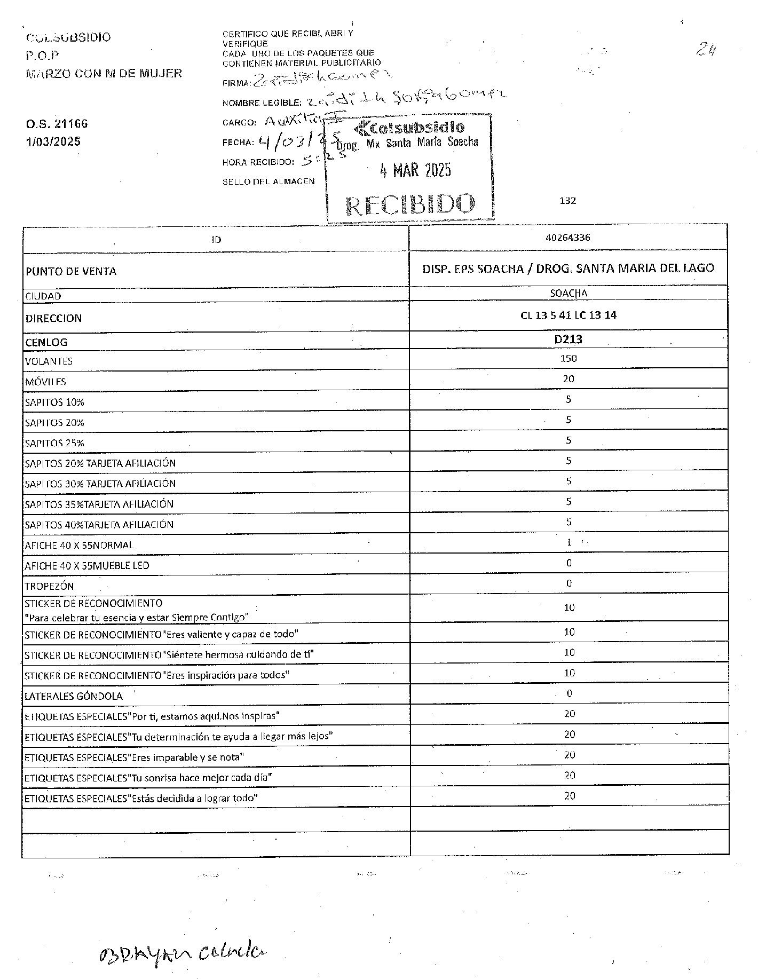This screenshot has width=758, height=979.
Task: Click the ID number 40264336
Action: (x=568, y=238)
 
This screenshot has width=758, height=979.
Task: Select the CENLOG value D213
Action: (x=568, y=339)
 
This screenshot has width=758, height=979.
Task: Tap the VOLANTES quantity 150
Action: (x=568, y=358)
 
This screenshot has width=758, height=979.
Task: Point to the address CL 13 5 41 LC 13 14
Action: (x=568, y=315)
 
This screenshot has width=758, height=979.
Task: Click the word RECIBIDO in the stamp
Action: (x=410, y=204)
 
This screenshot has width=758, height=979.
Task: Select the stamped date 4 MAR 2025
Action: (x=415, y=170)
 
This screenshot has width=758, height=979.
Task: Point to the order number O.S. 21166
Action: (x=56, y=124)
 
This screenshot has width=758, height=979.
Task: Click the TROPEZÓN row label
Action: (x=49, y=586)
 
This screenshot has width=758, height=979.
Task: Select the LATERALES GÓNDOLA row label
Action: (x=74, y=696)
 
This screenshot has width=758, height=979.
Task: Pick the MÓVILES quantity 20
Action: (x=568, y=379)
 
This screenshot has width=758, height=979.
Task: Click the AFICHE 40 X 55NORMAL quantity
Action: (x=568, y=542)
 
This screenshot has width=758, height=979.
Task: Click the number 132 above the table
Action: (x=567, y=201)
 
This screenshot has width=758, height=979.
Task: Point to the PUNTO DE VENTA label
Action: (x=70, y=271)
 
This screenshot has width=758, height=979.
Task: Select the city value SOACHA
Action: (x=568, y=293)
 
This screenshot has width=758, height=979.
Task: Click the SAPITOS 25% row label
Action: (x=54, y=443)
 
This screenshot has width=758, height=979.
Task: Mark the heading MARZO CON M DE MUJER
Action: (x=104, y=73)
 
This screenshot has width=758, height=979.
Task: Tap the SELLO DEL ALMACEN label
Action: (x=269, y=181)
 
